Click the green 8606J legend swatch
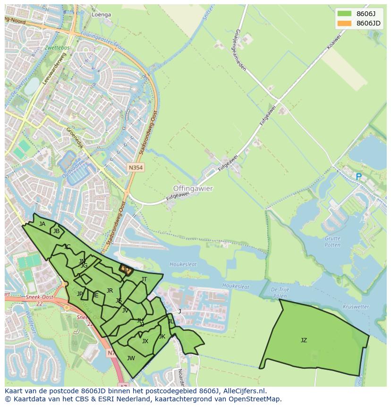[x=345, y=14]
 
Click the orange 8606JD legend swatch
[x=345, y=23]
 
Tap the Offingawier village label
[x=193, y=188]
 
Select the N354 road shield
[x=135, y=168]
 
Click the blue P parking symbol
[x=358, y=177]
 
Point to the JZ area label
[x=304, y=340]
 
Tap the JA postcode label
[x=42, y=224]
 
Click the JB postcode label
[x=56, y=231]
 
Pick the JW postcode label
[x=131, y=358]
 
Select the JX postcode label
[x=145, y=341]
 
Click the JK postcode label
[x=162, y=337]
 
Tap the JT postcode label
[x=144, y=279]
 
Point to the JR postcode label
[x=110, y=291]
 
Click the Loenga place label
[x=101, y=15]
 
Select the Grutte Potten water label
[x=332, y=242]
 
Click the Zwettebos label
[x=57, y=48]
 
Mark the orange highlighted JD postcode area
[x=126, y=270]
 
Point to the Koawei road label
[x=333, y=42]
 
